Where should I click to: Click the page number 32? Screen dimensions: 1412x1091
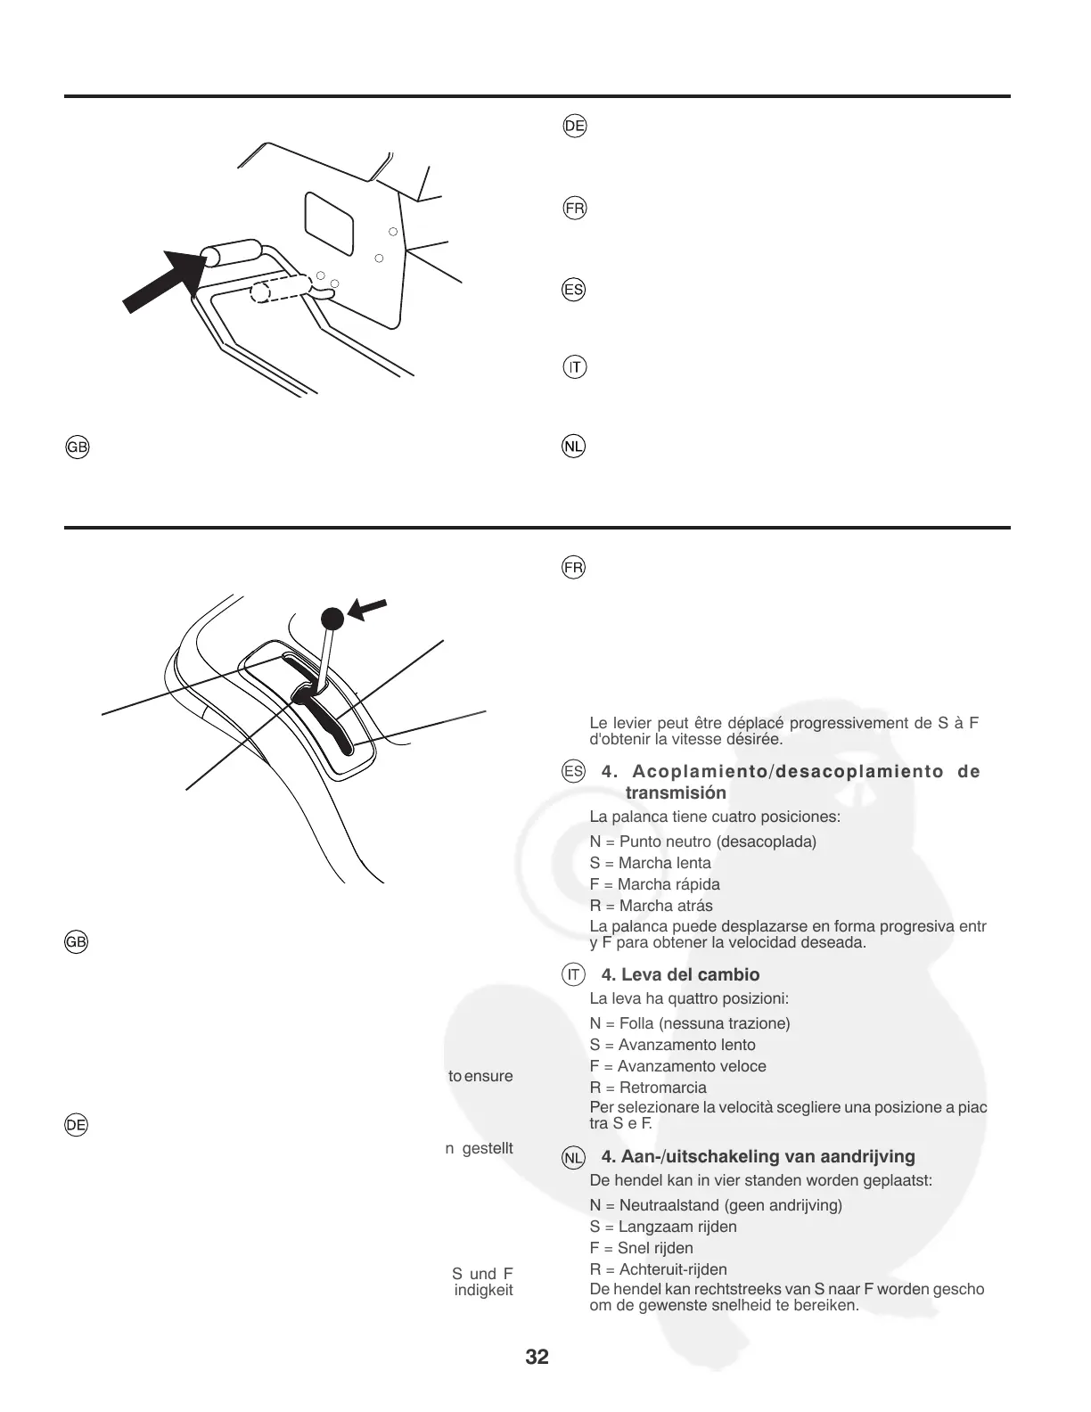click(537, 1358)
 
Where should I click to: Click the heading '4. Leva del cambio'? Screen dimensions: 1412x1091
click(680, 974)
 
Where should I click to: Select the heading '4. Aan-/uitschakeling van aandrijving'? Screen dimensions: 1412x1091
click(758, 1156)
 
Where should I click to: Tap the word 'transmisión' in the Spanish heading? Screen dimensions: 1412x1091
click(676, 792)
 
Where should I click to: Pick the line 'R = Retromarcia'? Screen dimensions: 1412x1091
click(648, 1088)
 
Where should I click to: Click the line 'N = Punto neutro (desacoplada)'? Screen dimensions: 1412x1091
click(702, 841)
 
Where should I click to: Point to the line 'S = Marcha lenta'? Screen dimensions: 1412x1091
click(650, 863)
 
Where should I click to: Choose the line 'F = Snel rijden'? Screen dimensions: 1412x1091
click(641, 1248)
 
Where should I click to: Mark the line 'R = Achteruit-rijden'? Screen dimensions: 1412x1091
click(658, 1269)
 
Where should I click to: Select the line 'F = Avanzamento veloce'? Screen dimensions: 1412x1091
click(677, 1066)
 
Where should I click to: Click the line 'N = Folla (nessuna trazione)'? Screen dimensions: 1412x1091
click(690, 1023)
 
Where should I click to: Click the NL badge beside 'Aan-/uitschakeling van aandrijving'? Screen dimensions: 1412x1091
click(574, 1158)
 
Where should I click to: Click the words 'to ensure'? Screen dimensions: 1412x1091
click(480, 1076)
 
